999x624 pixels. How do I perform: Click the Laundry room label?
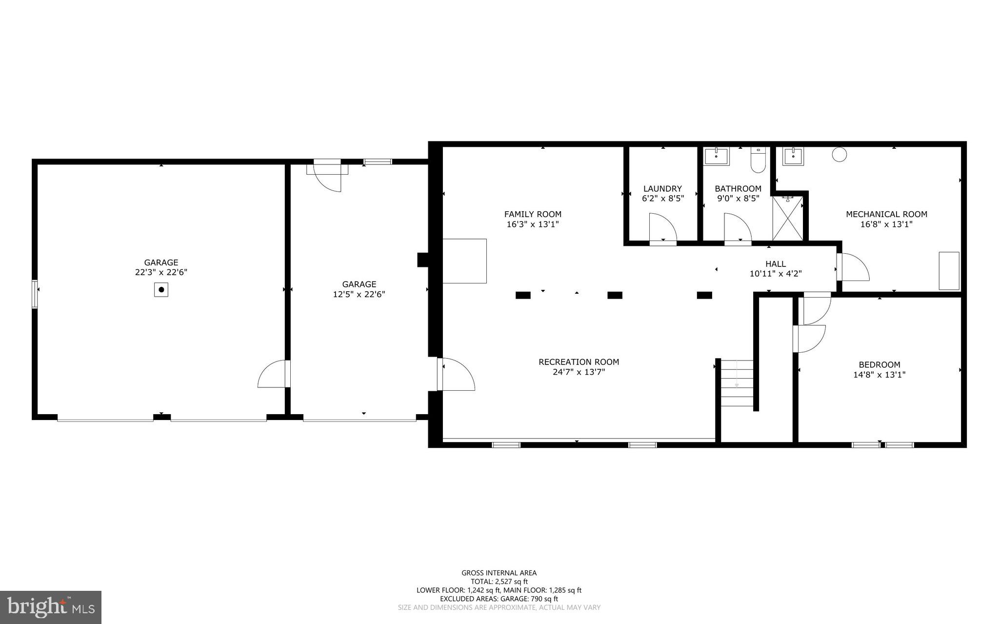(x=662, y=189)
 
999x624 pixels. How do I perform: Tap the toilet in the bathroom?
(x=758, y=161)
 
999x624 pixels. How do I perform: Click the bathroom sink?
(x=717, y=157)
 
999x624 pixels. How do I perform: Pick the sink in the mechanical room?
(x=794, y=156)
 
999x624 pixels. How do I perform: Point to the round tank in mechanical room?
(x=839, y=155)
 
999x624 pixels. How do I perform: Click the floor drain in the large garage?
(x=161, y=290)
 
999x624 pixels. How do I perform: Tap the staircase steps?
(x=737, y=383)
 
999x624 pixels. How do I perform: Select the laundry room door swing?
(x=662, y=228)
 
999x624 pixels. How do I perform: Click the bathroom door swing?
(x=737, y=228)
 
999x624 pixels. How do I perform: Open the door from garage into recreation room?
(x=456, y=374)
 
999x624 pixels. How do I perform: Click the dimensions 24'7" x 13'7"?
(x=579, y=372)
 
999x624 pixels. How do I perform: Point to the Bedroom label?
(x=879, y=364)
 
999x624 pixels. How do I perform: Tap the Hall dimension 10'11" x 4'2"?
(x=775, y=274)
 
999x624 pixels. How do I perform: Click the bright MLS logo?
(x=51, y=607)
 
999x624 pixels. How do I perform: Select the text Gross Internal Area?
(x=499, y=573)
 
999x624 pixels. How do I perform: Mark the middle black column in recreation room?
(x=615, y=295)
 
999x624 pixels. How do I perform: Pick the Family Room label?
(x=533, y=214)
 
